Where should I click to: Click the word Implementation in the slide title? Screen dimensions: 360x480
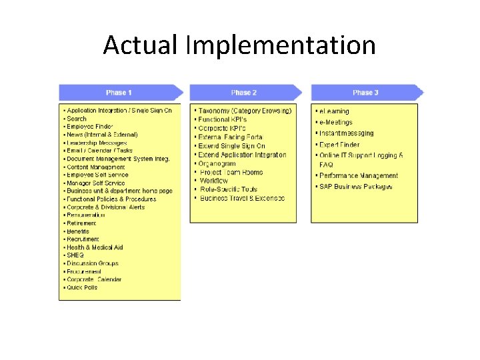coord(281,46)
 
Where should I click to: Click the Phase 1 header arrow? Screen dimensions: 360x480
coord(120,92)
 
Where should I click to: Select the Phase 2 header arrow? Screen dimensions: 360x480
coord(245,92)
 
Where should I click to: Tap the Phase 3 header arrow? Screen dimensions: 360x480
coord(366,92)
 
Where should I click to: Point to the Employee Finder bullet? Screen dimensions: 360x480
coord(90,127)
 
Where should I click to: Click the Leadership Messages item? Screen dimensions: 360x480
coord(97,143)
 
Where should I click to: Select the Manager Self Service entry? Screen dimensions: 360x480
coord(95,183)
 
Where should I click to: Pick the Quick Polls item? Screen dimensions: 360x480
coord(82,287)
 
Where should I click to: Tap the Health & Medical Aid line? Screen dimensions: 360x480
coord(95,247)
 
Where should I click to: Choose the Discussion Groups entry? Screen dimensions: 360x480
coord(93,263)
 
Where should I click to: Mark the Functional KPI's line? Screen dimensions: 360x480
coord(223,119)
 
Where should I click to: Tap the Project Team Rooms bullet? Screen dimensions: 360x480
coord(231,172)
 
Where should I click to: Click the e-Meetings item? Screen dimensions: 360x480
coord(335,122)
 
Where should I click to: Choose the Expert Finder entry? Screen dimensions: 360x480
coord(339,144)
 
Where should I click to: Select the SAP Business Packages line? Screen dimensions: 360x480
coord(356,187)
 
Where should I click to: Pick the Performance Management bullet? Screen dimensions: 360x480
coord(359,176)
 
